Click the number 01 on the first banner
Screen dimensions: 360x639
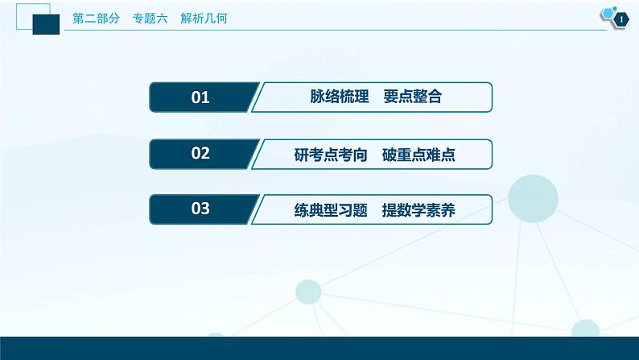coord(200,98)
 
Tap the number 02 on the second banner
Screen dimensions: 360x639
coord(200,154)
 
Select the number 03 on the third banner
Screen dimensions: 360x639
coord(200,209)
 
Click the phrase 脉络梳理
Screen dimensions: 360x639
coord(340,98)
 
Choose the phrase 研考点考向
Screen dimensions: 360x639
coord(328,155)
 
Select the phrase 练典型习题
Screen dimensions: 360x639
coord(328,210)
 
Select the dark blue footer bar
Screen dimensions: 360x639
coord(319,348)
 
